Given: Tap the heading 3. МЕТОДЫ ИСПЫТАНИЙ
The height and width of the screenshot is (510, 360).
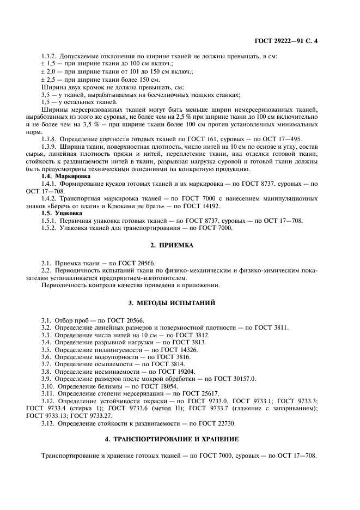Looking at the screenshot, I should (x=180, y=301).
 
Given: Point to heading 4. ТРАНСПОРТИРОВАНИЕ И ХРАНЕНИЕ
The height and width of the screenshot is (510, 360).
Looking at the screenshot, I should (x=180, y=438).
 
